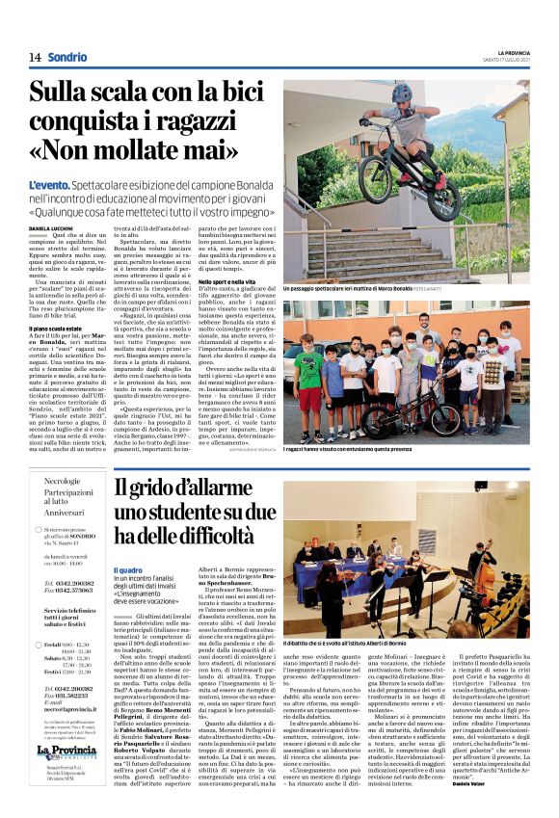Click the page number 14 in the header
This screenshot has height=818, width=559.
[x=34, y=57]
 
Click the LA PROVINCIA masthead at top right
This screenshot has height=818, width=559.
[x=514, y=52]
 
